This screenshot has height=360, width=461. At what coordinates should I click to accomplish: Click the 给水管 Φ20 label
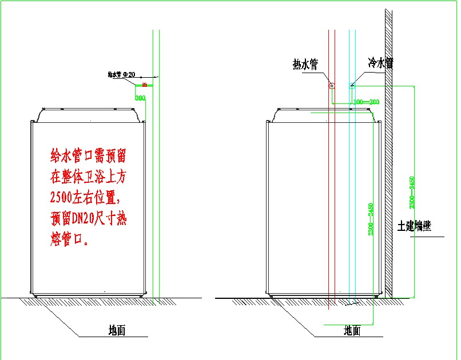pos(121,74)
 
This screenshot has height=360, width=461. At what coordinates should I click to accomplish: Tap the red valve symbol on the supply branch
pos(144,85)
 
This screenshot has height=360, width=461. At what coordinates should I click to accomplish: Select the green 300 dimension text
pos(140,98)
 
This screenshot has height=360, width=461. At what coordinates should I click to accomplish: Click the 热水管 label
pos(305,64)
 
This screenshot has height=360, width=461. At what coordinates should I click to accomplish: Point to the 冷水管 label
pos(380,62)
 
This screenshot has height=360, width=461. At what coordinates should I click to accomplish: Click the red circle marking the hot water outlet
pos(331,86)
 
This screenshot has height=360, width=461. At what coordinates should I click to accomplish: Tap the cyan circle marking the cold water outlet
pos(352,86)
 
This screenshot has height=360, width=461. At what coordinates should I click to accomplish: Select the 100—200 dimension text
pos(366,102)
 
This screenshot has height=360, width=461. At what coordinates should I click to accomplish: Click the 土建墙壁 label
pos(415,226)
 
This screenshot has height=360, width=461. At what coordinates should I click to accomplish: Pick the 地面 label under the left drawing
pos(117,330)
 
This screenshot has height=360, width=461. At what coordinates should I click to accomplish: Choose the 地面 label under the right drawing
pos(352,330)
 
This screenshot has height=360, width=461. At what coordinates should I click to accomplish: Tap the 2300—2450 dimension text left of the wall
pos(371,219)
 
